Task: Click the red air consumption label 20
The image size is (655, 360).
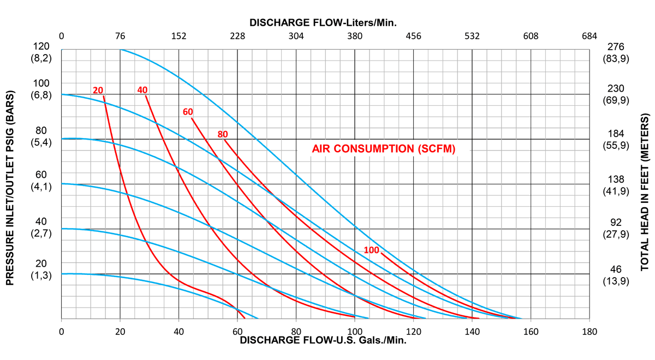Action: click(x=98, y=90)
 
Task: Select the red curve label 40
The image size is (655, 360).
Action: click(x=142, y=90)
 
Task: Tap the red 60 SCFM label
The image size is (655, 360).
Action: click(x=188, y=112)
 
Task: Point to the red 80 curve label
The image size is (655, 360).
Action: click(x=222, y=134)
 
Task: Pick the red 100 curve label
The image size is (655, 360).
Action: click(x=371, y=250)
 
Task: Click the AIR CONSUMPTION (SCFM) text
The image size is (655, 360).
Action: click(x=383, y=148)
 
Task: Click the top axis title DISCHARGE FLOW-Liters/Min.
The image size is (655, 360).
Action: click(x=323, y=23)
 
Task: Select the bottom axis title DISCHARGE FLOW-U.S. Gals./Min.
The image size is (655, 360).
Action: click(x=324, y=340)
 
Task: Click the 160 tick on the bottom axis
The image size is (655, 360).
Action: click(x=531, y=331)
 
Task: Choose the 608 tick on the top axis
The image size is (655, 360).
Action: click(x=531, y=37)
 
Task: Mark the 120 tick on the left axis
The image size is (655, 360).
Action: click(x=41, y=46)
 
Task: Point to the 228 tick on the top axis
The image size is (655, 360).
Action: click(x=237, y=37)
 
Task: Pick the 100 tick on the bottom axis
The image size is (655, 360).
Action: click(x=355, y=331)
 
